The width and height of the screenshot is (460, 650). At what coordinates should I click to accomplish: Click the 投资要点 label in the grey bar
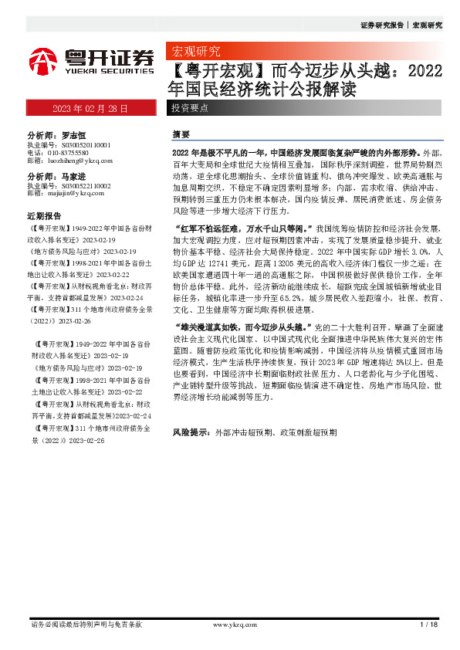pyautogui.click(x=190, y=109)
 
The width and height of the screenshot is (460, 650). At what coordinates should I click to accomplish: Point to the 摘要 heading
pyautogui.click(x=181, y=134)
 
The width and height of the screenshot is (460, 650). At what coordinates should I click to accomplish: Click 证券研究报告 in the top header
pyautogui.click(x=382, y=25)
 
